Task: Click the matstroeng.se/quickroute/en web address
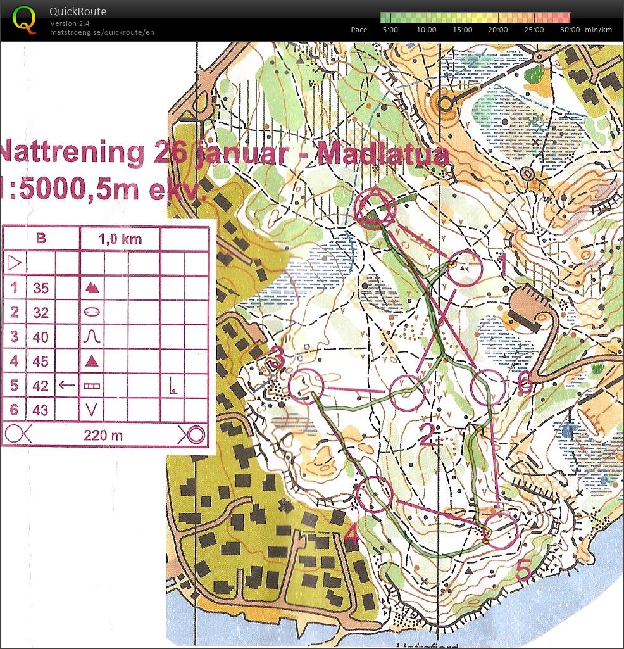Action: point(102,32)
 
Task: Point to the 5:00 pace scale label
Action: point(390,30)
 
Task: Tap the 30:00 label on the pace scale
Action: point(570,30)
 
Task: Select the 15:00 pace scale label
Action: point(463,30)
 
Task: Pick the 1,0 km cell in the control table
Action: point(120,239)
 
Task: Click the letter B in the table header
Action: point(41,239)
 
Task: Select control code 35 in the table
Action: point(41,288)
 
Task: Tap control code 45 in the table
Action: point(41,361)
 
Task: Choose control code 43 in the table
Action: point(41,410)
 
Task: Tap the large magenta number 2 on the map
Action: point(428,435)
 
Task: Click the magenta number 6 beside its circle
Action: point(524,383)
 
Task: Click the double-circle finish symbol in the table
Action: point(193,435)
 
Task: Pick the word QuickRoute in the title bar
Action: point(78,11)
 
